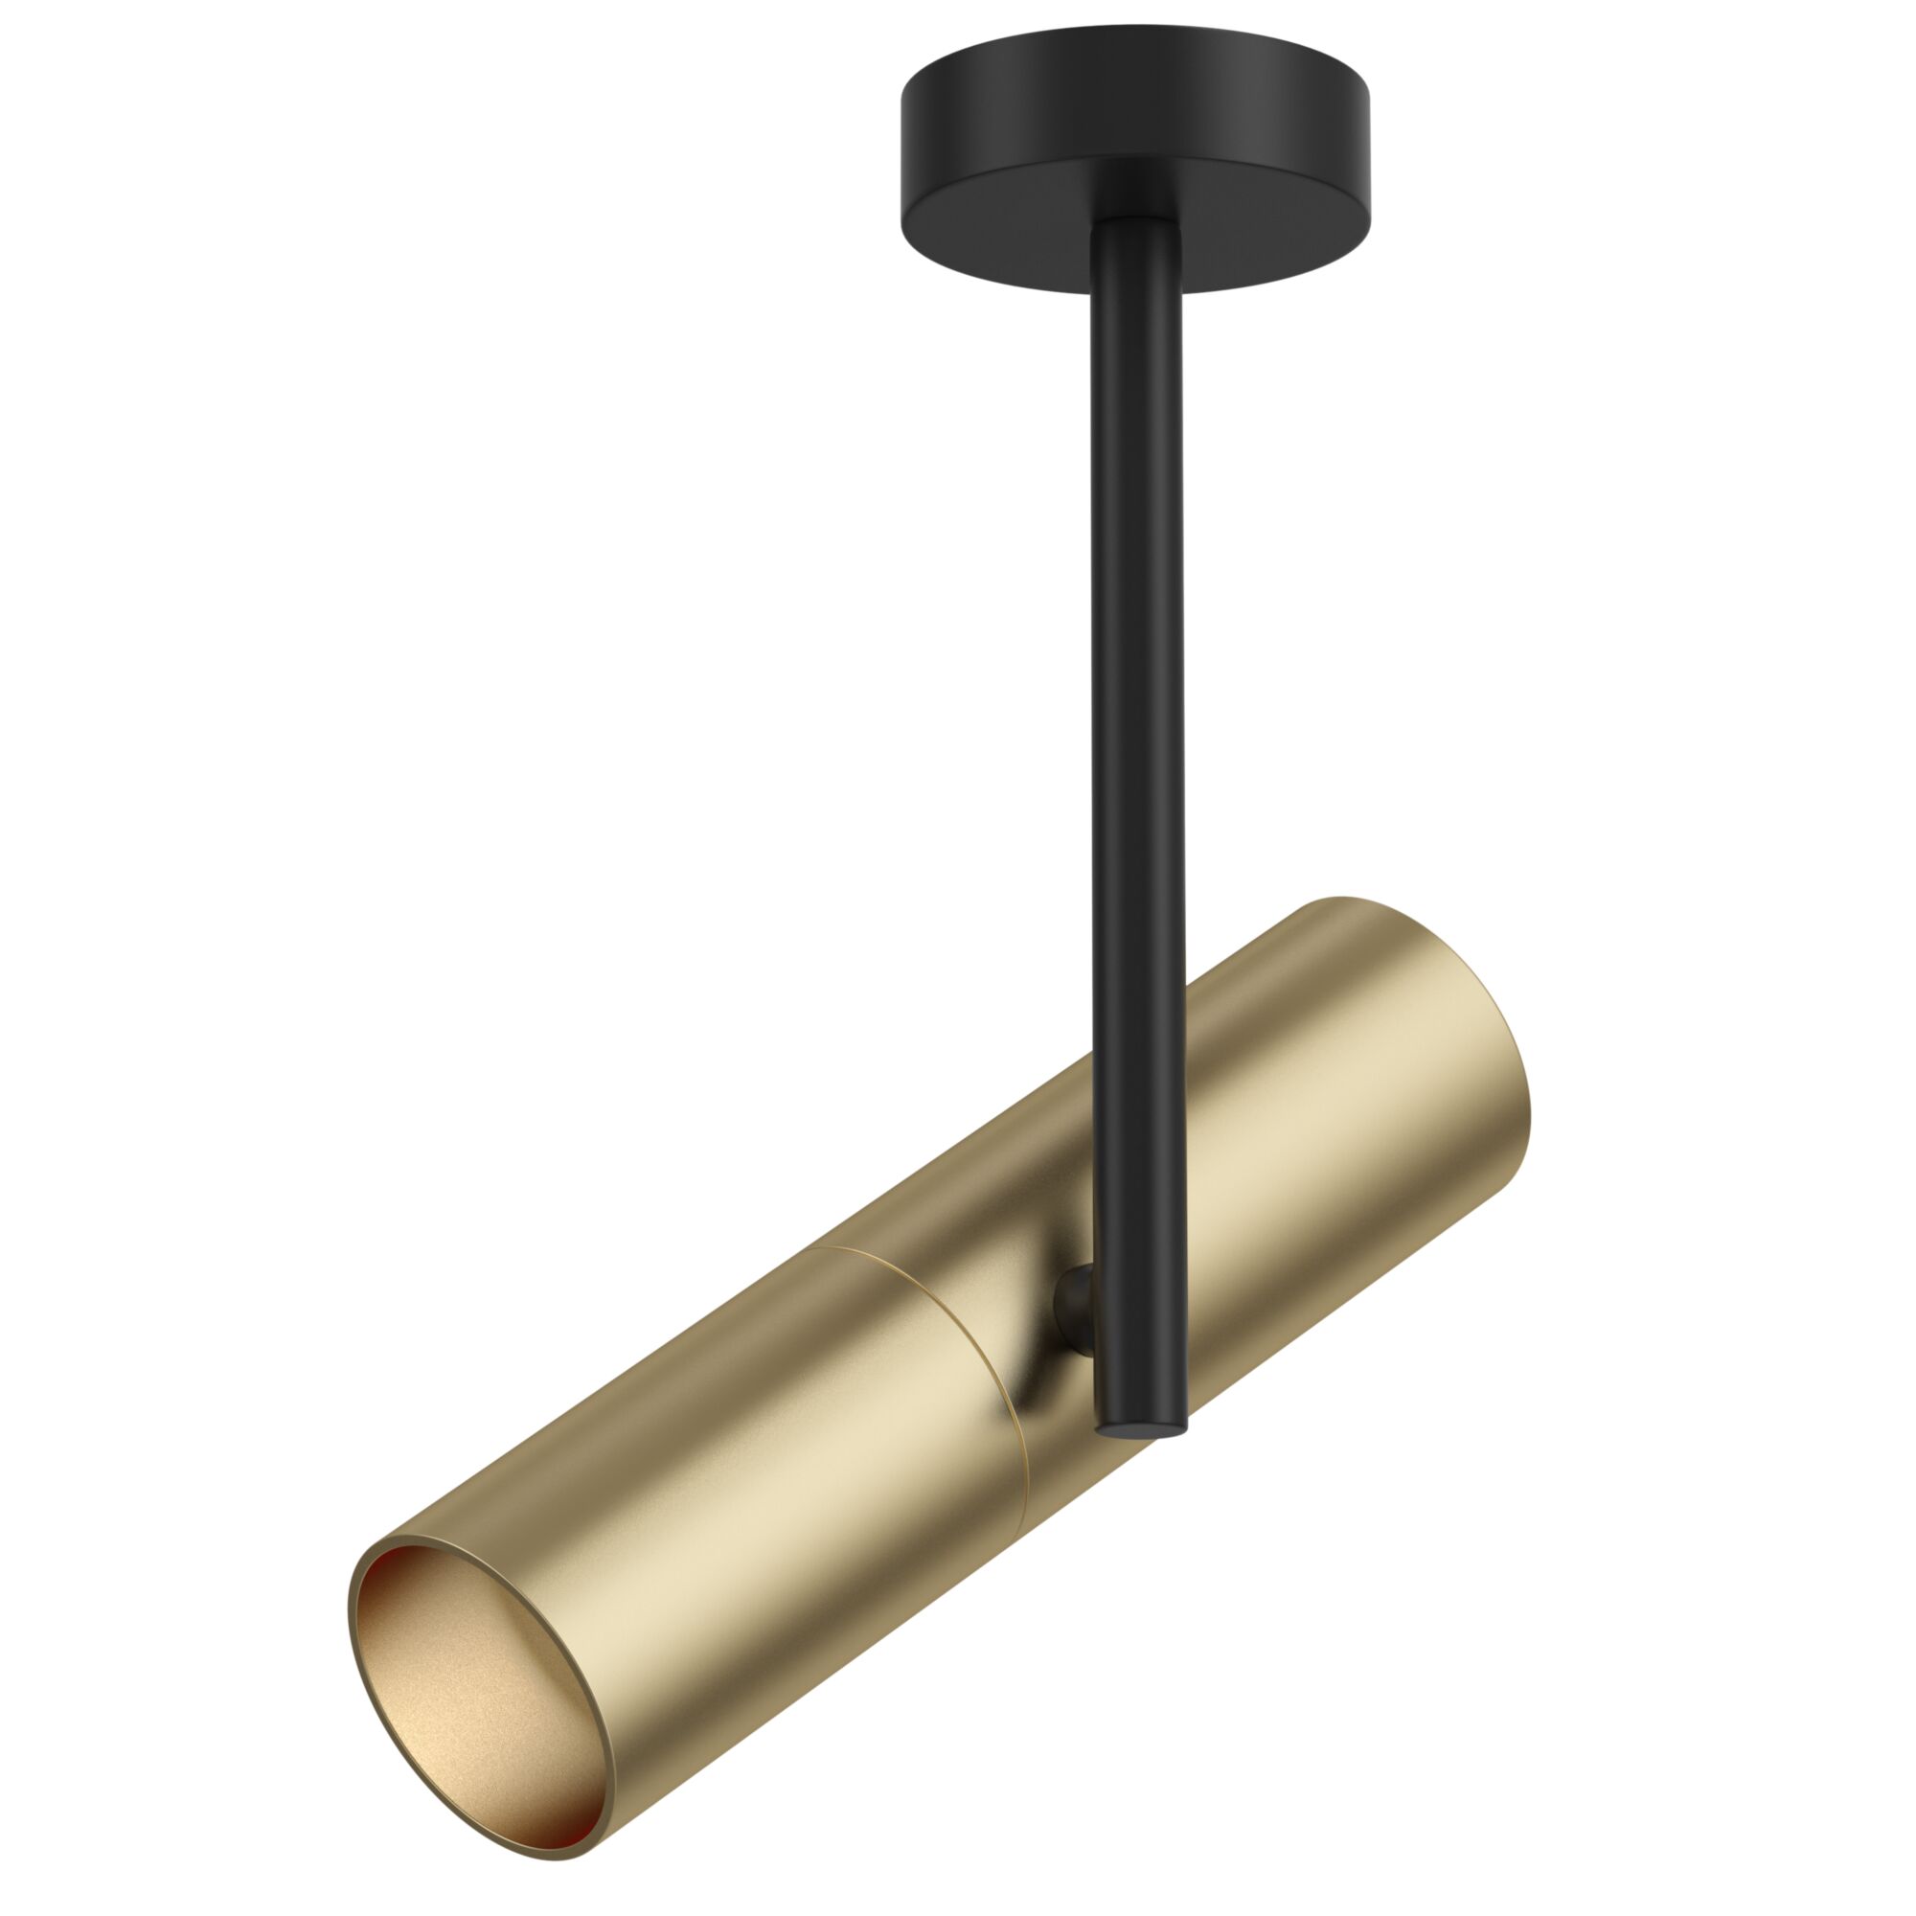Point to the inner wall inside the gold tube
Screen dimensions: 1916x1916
[467, 1666]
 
